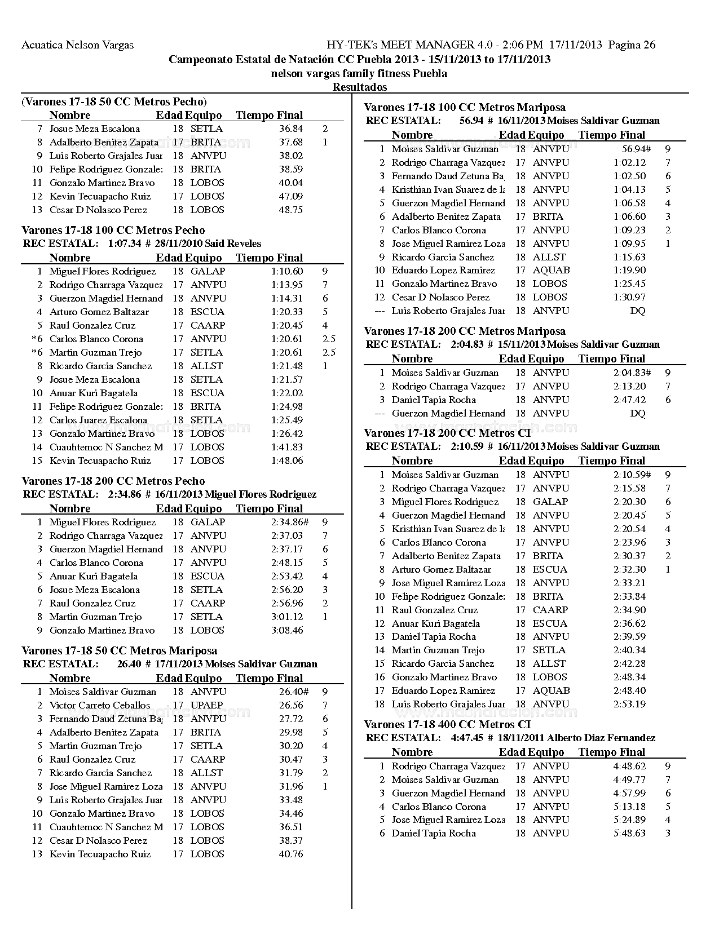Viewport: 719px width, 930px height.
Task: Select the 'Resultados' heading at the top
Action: [360, 87]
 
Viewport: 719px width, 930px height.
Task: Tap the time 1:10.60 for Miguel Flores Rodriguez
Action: [286, 271]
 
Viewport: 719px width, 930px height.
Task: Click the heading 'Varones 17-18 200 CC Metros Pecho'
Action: [113, 481]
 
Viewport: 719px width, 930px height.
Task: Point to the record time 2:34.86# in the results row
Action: [289, 522]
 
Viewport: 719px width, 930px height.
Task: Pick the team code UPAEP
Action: [206, 705]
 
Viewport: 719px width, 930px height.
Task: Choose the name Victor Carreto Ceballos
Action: [100, 705]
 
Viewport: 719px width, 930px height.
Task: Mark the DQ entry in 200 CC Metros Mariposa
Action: [637, 413]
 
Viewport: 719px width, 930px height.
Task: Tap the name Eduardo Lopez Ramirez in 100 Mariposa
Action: [443, 271]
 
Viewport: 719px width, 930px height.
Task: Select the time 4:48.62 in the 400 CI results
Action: [629, 766]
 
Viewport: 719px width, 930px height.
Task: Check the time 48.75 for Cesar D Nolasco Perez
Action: [291, 210]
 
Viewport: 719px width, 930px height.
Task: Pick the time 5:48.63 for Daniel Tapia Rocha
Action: [629, 833]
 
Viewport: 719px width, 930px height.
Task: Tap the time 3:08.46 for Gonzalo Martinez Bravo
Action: [286, 630]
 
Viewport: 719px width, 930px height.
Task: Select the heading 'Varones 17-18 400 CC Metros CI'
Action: [447, 724]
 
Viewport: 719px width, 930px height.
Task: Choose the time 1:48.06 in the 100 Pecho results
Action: [286, 460]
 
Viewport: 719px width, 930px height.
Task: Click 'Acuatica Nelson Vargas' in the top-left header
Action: [77, 45]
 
